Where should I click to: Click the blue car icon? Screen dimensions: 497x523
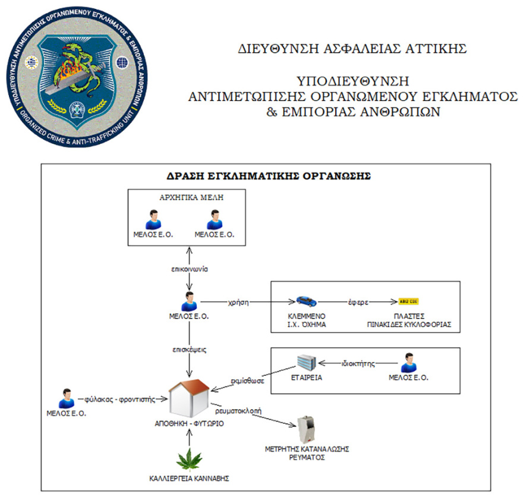point(306,301)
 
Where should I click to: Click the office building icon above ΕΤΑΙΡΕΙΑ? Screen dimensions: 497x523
point(307,362)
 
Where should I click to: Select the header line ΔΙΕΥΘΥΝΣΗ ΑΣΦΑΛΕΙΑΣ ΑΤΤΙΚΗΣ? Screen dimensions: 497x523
point(351,49)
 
